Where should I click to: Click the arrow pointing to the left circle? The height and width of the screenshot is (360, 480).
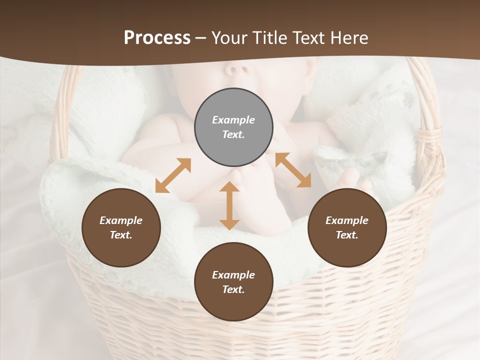tap(173, 175)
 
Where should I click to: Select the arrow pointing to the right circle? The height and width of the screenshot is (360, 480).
tap(293, 170)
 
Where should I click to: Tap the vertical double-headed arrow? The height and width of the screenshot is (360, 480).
tap(229, 205)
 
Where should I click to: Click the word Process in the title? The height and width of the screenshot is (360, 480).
tap(157, 37)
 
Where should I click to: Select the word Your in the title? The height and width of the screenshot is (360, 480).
tap(229, 37)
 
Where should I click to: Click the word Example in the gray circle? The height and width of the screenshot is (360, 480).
tap(233, 120)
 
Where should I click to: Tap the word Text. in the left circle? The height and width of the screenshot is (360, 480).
tap(121, 235)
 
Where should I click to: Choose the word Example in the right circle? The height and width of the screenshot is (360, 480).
tap(347, 220)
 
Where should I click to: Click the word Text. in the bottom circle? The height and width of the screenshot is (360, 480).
tap(233, 289)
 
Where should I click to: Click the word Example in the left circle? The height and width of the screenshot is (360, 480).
tap(121, 220)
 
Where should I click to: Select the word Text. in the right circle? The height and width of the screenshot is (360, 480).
tap(347, 235)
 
